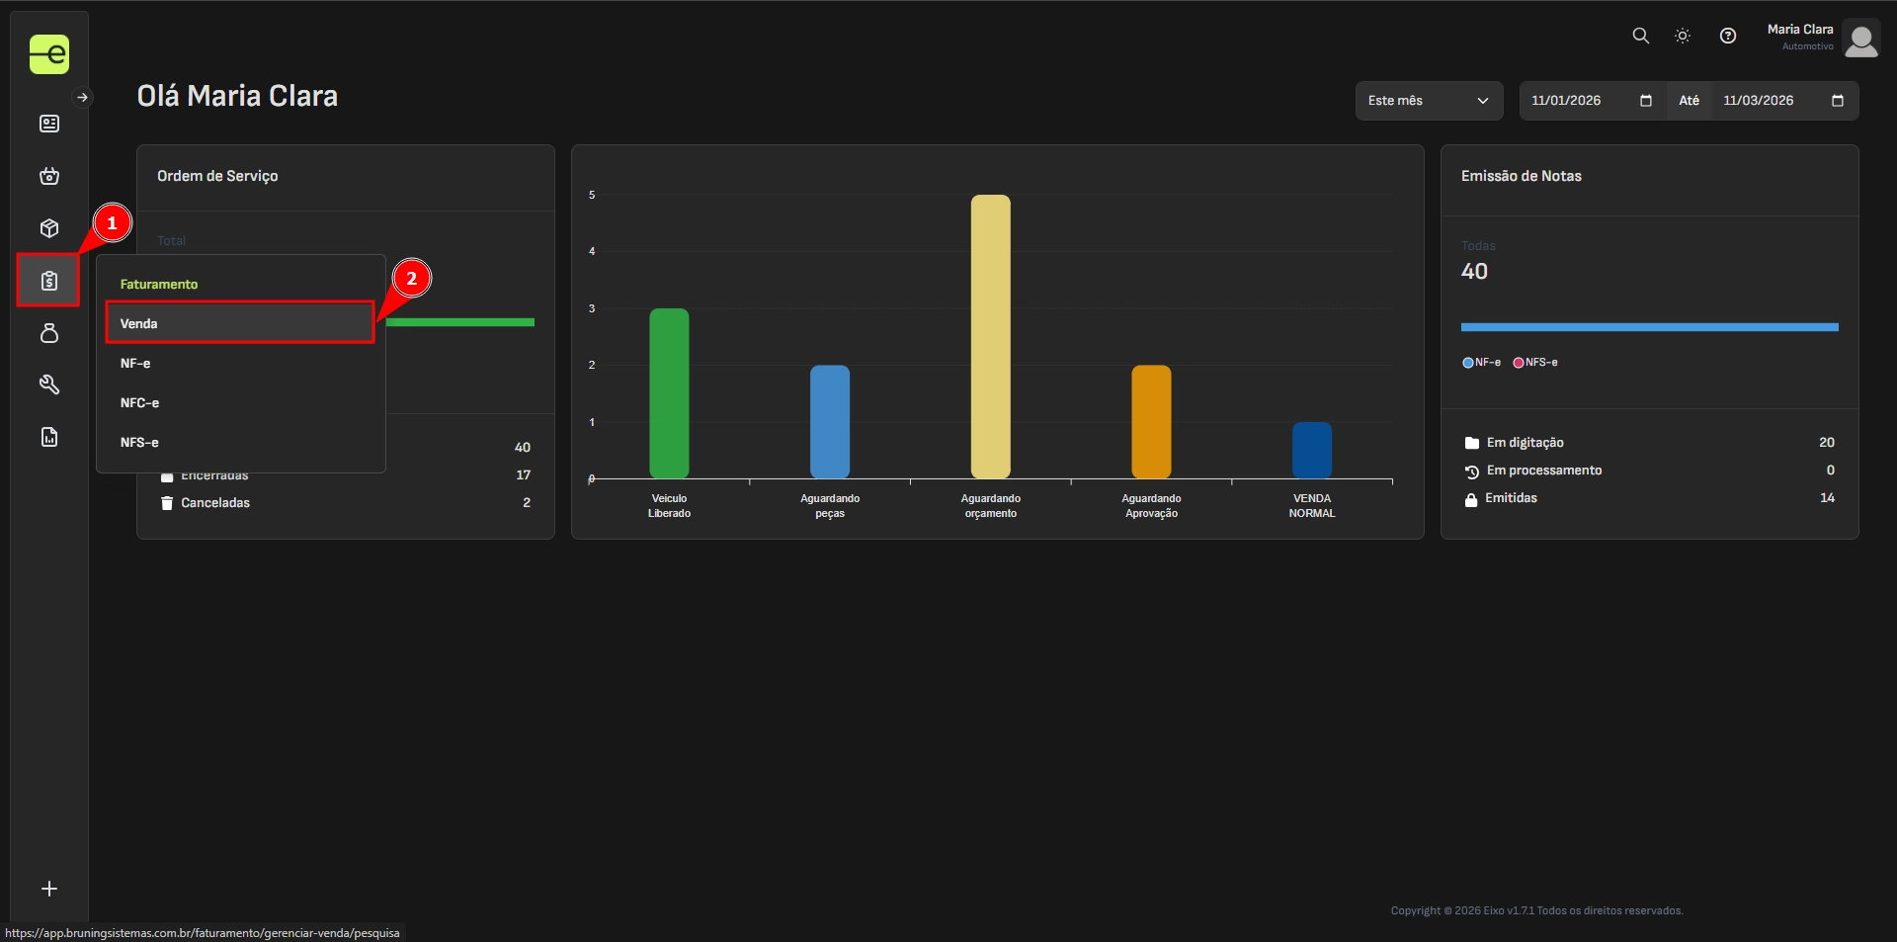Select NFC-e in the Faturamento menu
tap(140, 403)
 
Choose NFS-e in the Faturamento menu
tap(140, 443)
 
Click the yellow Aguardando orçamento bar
tap(990, 336)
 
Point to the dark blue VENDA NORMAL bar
tap(1311, 450)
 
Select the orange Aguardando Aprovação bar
tap(1151, 421)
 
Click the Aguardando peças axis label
tap(830, 505)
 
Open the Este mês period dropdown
tap(1428, 101)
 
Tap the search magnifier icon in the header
tap(1640, 36)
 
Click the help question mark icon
tap(1727, 36)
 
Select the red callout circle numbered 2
tap(412, 279)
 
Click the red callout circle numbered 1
tap(112, 223)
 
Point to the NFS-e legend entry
tap(1535, 363)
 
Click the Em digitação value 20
tap(1826, 443)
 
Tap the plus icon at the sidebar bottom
tap(49, 889)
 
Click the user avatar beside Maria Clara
tap(1860, 40)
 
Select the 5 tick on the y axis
tap(592, 195)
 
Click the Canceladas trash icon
tap(167, 503)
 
